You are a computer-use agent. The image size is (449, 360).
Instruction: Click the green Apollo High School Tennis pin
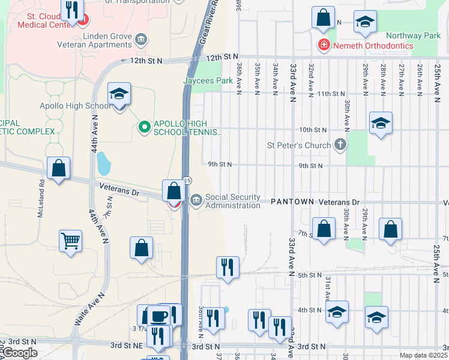(x=144, y=127)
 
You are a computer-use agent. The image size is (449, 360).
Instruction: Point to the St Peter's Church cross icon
(x=340, y=145)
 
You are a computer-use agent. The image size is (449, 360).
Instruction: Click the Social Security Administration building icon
(x=196, y=200)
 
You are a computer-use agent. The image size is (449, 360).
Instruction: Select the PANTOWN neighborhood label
(x=292, y=202)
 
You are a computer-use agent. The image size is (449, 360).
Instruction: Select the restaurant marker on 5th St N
(x=228, y=268)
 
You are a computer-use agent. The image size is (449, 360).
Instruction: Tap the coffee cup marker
(x=159, y=316)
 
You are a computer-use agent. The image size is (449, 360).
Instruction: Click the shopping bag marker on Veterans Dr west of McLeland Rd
(x=59, y=169)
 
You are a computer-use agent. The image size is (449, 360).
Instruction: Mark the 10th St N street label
(x=312, y=130)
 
